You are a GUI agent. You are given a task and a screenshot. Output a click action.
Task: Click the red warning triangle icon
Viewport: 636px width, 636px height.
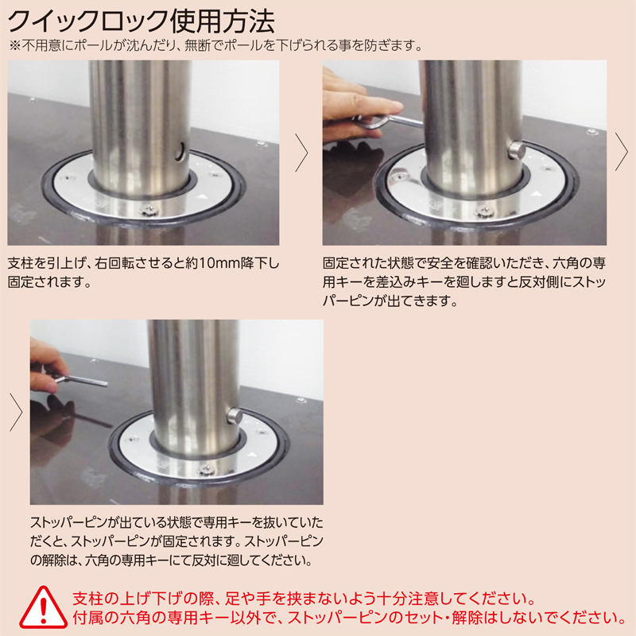click(x=43, y=607)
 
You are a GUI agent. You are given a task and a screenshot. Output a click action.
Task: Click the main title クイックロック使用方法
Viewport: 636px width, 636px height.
click(x=142, y=21)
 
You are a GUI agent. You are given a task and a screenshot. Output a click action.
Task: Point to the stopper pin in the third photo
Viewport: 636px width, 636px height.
click(x=234, y=416)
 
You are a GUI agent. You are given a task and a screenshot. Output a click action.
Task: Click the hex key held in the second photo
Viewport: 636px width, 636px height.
click(x=387, y=121)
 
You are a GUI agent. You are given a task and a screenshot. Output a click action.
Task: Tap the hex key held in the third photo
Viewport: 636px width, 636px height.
click(x=81, y=380)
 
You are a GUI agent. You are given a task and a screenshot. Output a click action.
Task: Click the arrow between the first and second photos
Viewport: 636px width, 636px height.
click(x=301, y=153)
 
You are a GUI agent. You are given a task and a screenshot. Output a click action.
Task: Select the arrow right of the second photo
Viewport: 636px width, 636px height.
click(x=622, y=152)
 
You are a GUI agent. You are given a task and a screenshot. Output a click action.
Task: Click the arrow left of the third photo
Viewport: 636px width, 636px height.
click(x=16, y=412)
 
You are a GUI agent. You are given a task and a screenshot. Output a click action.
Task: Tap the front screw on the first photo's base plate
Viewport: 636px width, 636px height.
click(x=148, y=211)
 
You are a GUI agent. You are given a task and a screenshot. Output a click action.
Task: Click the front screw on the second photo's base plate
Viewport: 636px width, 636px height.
click(x=484, y=211)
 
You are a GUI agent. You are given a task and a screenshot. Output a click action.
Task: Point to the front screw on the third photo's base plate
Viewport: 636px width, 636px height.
click(x=205, y=471)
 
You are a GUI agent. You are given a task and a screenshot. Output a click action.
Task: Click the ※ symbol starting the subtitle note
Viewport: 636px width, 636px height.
click(x=14, y=45)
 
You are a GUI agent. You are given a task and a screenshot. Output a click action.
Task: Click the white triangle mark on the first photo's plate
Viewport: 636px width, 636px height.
click(x=202, y=197)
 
